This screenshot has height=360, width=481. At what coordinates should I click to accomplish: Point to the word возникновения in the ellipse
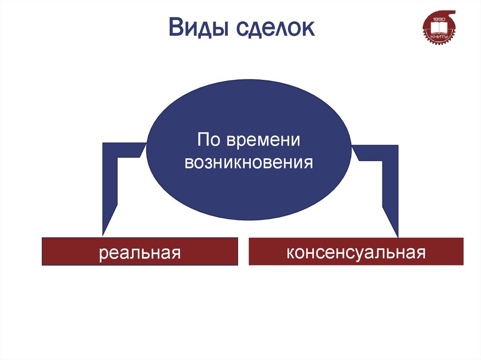(248, 162)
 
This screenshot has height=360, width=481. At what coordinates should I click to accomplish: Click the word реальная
(140, 253)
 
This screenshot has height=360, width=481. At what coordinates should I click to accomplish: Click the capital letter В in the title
(177, 29)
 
